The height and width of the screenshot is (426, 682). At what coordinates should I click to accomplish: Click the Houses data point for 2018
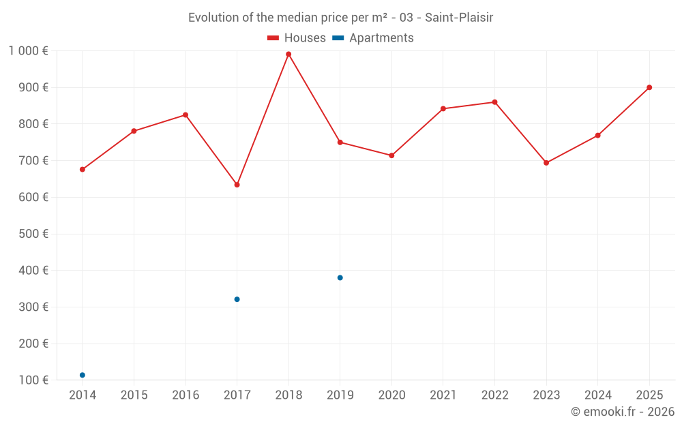(x=288, y=54)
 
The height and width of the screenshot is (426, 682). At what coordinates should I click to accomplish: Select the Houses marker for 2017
(x=237, y=185)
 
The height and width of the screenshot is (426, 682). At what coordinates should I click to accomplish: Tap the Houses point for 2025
(x=649, y=87)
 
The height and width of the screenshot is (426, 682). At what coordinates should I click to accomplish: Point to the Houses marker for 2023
(x=546, y=163)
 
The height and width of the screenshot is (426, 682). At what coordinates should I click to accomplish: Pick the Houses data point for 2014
(x=83, y=169)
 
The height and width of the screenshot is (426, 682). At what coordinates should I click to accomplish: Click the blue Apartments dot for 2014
(x=83, y=375)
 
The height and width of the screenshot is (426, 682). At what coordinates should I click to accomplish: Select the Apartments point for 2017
(x=237, y=299)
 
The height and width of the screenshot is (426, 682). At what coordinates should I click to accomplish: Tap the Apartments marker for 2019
(x=340, y=277)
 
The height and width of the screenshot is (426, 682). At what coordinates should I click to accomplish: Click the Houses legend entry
(x=297, y=38)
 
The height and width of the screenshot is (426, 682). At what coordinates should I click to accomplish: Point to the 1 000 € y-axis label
(x=28, y=50)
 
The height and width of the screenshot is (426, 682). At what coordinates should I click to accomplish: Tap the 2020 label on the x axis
(x=391, y=395)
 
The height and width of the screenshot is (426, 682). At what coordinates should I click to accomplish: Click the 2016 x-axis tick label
(x=186, y=395)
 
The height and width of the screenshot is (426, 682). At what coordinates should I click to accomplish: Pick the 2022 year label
(x=494, y=395)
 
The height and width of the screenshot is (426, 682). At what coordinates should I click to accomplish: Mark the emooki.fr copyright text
(x=623, y=412)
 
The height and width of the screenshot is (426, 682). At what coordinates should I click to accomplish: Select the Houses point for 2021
(x=443, y=108)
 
